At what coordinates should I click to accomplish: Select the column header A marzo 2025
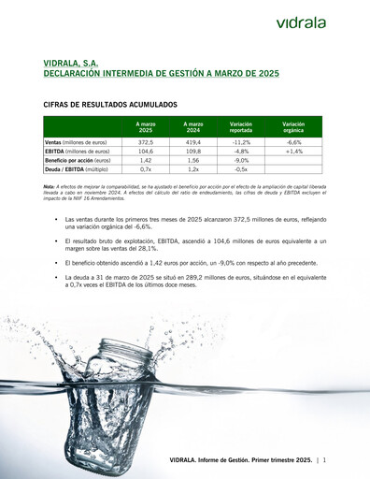click(145, 126)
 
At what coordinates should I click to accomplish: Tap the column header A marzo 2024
click(193, 126)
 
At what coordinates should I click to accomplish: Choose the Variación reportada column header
click(240, 126)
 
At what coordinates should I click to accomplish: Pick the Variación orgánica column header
click(293, 126)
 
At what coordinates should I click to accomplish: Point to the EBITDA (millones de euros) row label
click(77, 151)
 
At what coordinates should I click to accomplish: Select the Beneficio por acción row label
click(78, 160)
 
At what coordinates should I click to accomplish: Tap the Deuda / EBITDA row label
click(71, 169)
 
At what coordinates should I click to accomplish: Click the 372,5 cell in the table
click(145, 141)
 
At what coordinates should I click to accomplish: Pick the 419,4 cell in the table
click(193, 141)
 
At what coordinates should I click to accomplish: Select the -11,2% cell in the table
click(240, 141)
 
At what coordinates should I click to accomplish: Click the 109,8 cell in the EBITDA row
click(193, 151)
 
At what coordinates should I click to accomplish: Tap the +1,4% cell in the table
click(293, 151)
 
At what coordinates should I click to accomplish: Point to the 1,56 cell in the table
click(193, 160)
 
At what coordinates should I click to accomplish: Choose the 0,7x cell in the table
click(145, 169)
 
